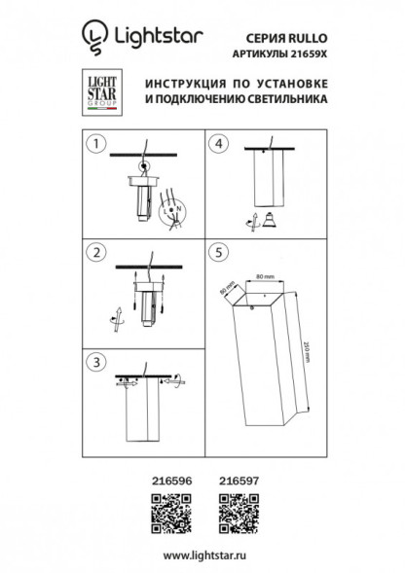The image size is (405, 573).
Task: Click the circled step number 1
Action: pyautogui.click(x=95, y=145)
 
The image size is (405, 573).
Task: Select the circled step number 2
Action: pyautogui.click(x=95, y=253)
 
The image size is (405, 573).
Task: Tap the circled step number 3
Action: pyautogui.click(x=95, y=363)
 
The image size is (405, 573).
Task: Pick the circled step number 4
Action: pyautogui.click(x=220, y=145)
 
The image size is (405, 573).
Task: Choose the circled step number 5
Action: pyautogui.click(x=220, y=253)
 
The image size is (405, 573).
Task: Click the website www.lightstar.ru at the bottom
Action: pyautogui.click(x=202, y=554)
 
